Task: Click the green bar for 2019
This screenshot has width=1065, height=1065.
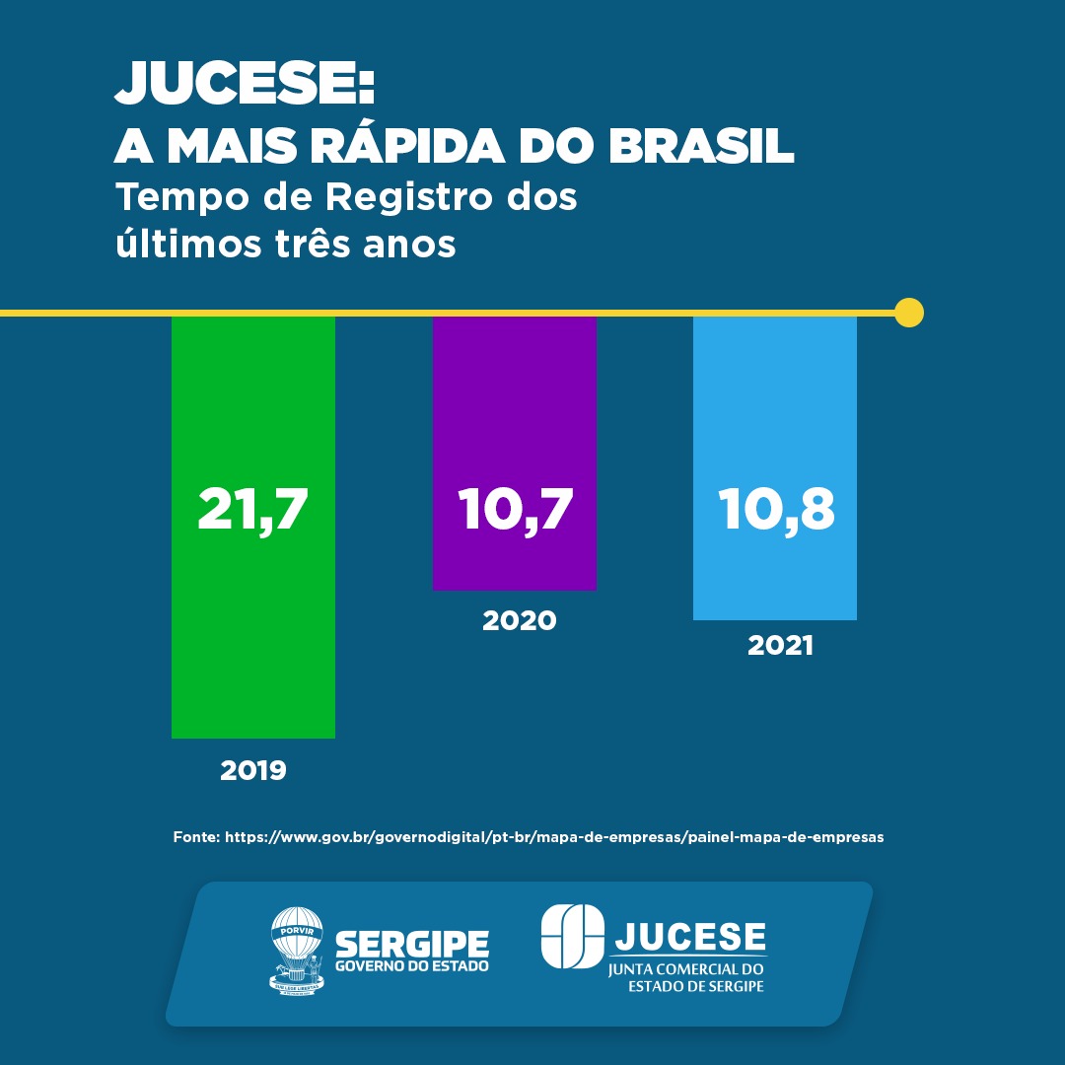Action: [253, 631]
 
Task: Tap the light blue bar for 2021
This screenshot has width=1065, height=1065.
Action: [775, 414]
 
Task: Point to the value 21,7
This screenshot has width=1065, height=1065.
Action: [253, 510]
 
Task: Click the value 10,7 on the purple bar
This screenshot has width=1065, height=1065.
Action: [515, 510]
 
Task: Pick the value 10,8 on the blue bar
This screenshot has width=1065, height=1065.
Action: [776, 510]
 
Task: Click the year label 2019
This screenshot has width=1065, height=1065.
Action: [253, 770]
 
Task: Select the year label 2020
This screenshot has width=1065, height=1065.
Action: [519, 621]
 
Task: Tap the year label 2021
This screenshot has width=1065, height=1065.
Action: [780, 647]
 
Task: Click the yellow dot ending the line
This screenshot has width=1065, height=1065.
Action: [909, 313]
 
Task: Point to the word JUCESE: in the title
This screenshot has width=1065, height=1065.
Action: [246, 85]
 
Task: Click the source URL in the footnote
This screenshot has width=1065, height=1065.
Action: [554, 836]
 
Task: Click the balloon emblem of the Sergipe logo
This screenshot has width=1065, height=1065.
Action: [297, 951]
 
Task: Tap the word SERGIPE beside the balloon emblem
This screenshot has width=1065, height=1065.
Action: [412, 944]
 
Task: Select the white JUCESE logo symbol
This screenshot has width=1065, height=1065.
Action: [572, 937]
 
